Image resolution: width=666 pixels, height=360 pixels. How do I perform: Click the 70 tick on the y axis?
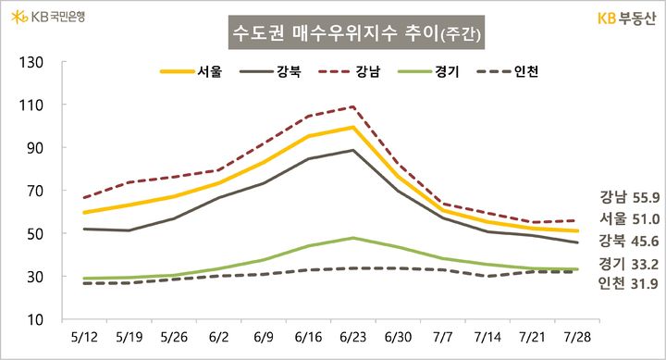[x=35, y=191]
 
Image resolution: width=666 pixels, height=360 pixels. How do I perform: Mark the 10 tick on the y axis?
[x=35, y=319]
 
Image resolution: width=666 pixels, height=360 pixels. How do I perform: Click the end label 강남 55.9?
[x=629, y=196]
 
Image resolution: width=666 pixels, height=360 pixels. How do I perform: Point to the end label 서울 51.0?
[x=629, y=219]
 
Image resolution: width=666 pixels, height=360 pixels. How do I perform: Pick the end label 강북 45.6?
[x=629, y=242]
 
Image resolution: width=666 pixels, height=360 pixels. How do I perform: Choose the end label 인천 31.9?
[x=629, y=282]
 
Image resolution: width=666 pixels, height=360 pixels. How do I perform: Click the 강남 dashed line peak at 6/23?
[x=352, y=107]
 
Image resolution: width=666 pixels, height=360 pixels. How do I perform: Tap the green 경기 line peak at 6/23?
[x=352, y=238]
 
